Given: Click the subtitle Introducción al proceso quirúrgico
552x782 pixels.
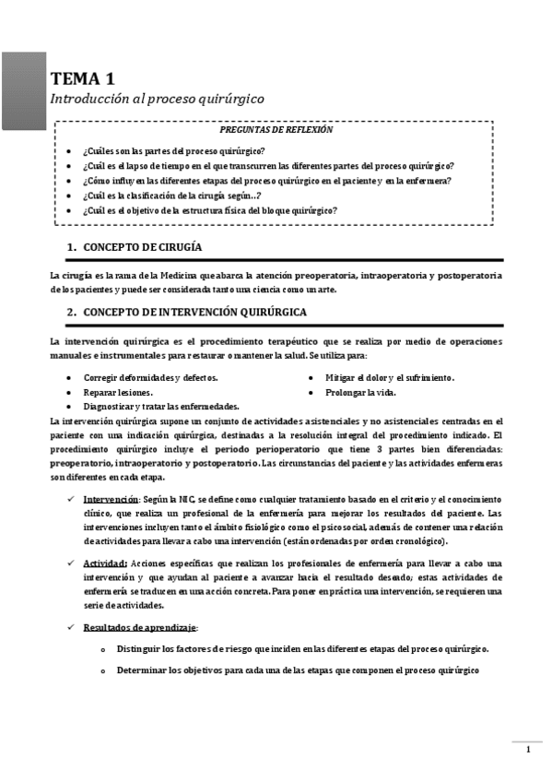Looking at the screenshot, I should click(x=157, y=98).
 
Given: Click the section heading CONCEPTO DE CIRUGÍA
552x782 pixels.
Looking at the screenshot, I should click(x=143, y=247).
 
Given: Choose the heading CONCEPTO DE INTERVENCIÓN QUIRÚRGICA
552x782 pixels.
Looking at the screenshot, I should click(x=195, y=312).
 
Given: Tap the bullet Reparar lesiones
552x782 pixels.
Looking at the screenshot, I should click(x=118, y=392).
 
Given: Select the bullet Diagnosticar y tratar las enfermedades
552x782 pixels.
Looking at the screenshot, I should click(x=161, y=406).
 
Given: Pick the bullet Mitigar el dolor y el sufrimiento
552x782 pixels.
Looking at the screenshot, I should click(x=389, y=378).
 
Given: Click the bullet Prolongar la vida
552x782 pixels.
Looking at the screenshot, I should click(x=360, y=392).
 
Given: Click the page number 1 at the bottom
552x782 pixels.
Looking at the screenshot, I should click(x=528, y=750).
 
